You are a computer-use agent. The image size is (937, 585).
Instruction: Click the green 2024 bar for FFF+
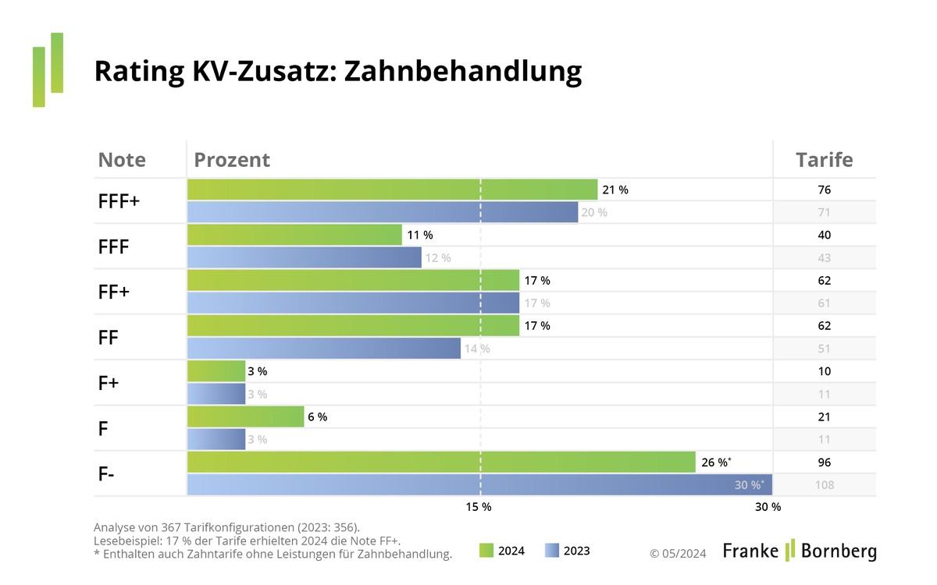[392, 190]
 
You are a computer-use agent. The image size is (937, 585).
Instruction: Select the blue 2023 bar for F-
[479, 485]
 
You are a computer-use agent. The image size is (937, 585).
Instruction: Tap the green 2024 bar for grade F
[245, 417]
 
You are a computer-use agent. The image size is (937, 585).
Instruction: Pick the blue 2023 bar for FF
[324, 349]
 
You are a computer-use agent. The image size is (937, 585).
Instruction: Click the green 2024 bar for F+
[216, 371]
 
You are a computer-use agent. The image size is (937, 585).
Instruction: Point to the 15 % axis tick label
[479, 507]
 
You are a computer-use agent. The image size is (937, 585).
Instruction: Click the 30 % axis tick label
[768, 507]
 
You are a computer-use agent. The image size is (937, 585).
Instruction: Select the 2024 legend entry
[501, 551]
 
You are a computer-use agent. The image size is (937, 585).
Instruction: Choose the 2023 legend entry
[567, 551]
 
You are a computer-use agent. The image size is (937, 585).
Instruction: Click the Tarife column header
[824, 160]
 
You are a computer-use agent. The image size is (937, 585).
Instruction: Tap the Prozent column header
[232, 160]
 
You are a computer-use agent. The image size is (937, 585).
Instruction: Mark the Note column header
[122, 160]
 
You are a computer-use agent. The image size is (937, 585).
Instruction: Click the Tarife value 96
[824, 462]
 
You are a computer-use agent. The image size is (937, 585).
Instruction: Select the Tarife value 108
[824, 485]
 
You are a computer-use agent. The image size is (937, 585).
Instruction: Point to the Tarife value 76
[824, 190]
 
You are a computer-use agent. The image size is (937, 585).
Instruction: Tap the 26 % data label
[716, 463]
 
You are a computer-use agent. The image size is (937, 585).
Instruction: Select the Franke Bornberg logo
[800, 550]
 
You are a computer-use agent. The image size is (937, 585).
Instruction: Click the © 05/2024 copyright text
[678, 553]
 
